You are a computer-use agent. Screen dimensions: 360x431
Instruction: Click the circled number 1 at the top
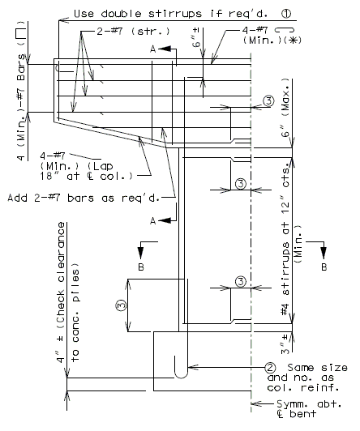286,14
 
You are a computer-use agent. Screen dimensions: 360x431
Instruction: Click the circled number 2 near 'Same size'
270,368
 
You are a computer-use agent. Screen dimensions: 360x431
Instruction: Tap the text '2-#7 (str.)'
134,32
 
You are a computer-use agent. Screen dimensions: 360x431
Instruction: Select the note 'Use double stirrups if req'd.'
171,14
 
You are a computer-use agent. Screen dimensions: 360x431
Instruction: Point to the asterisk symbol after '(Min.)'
293,41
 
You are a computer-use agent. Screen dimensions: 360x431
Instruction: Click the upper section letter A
153,49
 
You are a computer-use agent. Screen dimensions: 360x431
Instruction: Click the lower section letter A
153,220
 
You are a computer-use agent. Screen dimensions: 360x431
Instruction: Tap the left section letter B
141,267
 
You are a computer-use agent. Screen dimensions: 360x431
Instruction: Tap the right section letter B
324,267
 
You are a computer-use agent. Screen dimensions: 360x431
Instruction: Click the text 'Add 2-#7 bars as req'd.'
84,198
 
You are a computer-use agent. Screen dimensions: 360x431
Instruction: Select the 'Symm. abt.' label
309,404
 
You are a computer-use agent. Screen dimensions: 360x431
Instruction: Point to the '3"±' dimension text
285,344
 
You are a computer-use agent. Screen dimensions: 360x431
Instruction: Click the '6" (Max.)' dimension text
285,108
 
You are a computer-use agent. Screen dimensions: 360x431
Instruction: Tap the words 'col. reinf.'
303,387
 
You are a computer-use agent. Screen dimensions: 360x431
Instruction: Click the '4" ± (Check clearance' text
61,292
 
